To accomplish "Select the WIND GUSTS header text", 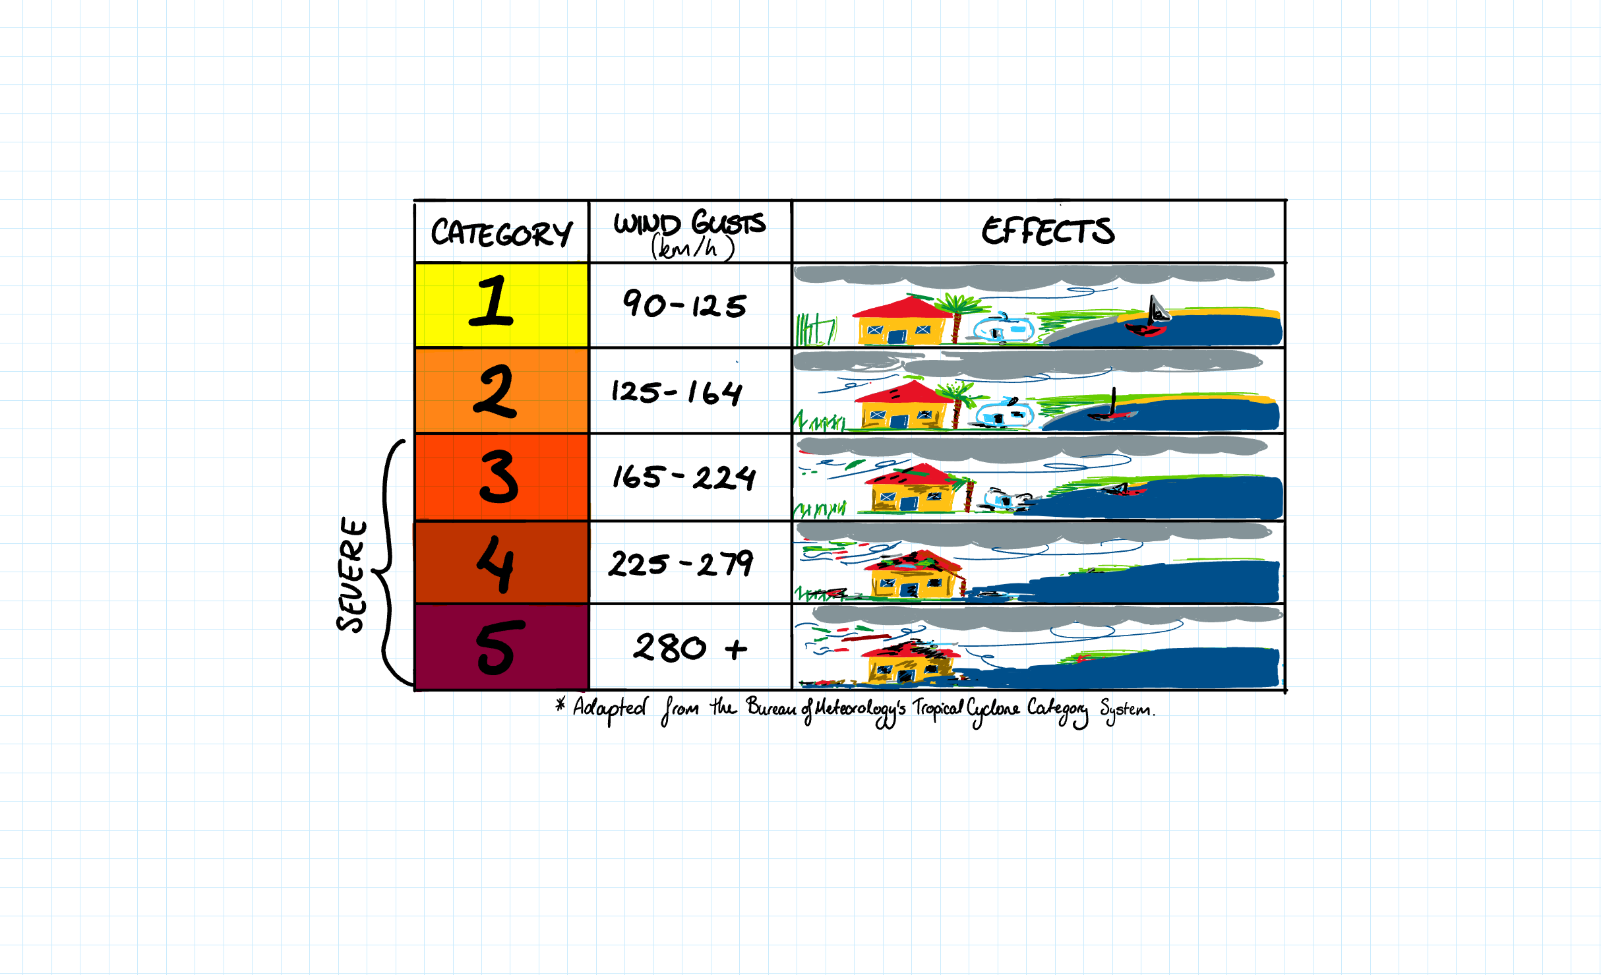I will [x=689, y=223].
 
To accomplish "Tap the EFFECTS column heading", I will [x=1048, y=231].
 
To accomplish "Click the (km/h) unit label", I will [x=692, y=249].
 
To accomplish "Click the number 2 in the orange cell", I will [x=495, y=392].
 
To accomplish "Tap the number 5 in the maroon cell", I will [x=500, y=647].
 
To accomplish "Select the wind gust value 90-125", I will [x=684, y=305].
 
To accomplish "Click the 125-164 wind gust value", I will [x=677, y=392].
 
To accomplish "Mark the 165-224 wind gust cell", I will [x=684, y=477].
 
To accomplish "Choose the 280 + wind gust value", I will [x=690, y=648].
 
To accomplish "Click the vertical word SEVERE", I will [x=351, y=575].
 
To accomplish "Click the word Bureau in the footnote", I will [x=771, y=708].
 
